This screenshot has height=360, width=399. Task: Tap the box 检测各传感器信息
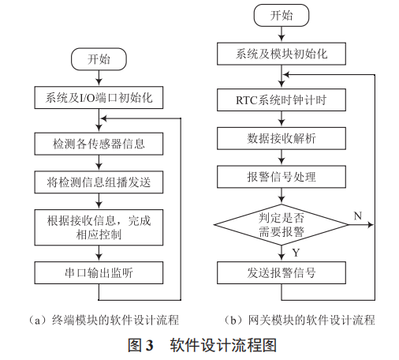tap(99, 144)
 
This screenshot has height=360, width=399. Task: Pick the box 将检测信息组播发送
tap(99, 182)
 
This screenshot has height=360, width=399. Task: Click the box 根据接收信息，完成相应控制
tap(99, 227)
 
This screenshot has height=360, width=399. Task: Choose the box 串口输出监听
tap(99, 273)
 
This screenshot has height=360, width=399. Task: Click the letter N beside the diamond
tap(357, 214)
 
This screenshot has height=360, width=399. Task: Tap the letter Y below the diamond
tap(295, 253)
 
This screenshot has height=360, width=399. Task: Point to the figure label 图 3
tap(140, 345)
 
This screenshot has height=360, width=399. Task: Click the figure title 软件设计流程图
tap(223, 345)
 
